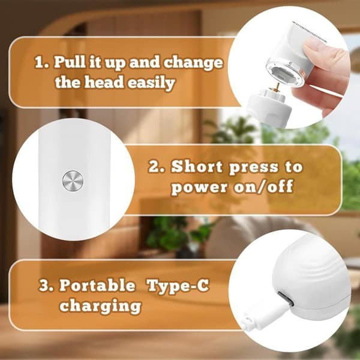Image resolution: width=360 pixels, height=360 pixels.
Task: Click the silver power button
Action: [x=73, y=181]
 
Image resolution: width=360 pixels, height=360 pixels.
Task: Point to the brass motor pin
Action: [x=277, y=88]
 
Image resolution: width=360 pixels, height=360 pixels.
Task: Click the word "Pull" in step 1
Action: [x=70, y=62]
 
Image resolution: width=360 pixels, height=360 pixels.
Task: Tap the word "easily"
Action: [x=151, y=83]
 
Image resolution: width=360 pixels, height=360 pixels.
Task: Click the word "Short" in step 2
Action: [x=197, y=166]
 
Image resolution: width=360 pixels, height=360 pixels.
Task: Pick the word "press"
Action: [x=254, y=167]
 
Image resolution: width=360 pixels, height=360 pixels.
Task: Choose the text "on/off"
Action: [x=264, y=186]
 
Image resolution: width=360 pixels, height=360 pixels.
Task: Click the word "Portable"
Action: [x=97, y=286]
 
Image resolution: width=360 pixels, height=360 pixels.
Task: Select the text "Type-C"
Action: [x=178, y=286]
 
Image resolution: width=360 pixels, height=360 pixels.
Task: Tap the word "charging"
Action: [x=100, y=306]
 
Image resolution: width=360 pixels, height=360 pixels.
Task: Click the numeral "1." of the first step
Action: [x=42, y=62]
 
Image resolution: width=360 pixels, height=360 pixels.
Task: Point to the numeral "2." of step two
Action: [x=157, y=166]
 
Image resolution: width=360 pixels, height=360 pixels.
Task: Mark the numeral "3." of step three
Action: [x=46, y=286]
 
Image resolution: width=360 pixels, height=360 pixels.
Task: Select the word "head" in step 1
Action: [x=104, y=82]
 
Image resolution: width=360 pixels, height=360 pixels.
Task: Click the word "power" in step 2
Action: [x=200, y=187]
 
